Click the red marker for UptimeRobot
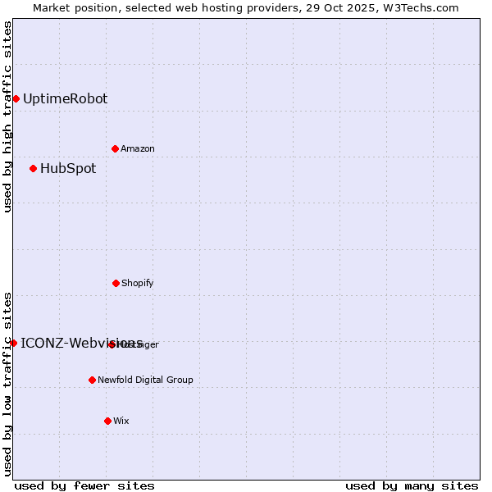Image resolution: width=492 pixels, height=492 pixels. (16, 99)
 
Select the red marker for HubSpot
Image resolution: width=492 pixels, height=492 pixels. (33, 169)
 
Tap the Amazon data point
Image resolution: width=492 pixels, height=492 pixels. (115, 148)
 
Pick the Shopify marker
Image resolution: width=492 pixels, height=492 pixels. (116, 283)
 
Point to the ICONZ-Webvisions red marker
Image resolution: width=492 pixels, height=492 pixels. (14, 343)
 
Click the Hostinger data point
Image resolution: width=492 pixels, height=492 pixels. (112, 344)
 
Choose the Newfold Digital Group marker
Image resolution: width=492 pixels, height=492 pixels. (92, 380)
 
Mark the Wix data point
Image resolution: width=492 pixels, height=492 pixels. (107, 421)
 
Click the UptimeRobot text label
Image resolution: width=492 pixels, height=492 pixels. (65, 99)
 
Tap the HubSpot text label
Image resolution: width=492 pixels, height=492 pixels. (68, 169)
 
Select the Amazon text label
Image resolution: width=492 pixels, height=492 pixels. (138, 148)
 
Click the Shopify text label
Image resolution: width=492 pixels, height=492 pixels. (138, 283)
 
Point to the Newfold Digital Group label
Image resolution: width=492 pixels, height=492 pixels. (145, 380)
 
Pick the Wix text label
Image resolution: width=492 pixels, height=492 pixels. (121, 421)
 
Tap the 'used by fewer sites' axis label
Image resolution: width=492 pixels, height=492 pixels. (84, 485)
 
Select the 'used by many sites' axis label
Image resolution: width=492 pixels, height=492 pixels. (412, 485)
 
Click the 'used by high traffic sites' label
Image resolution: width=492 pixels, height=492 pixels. (7, 116)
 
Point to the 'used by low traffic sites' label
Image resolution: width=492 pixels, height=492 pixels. (7, 384)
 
